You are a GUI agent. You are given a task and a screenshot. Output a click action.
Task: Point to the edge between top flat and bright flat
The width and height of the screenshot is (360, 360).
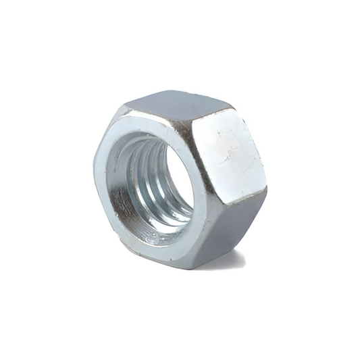[203, 116]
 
